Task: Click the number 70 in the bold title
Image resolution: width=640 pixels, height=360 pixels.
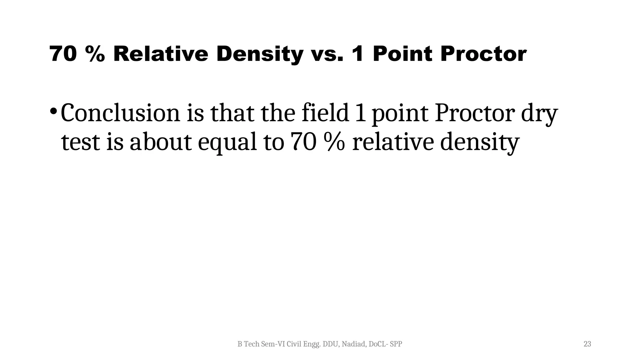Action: (x=62, y=54)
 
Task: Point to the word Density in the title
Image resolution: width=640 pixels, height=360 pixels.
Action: (x=260, y=54)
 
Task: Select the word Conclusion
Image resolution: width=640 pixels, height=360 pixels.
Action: (x=120, y=113)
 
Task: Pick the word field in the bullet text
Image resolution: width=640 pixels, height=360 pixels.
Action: (x=325, y=113)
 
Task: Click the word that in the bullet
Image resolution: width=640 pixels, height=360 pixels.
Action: (x=232, y=113)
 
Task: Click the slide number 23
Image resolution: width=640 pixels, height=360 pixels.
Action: (x=587, y=344)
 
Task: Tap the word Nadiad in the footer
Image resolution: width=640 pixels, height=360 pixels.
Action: (x=354, y=344)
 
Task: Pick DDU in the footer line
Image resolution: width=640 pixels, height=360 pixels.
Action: (x=331, y=344)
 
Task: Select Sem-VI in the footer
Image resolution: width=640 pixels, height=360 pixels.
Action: (x=273, y=344)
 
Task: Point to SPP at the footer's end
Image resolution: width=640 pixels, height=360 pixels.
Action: (x=396, y=344)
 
